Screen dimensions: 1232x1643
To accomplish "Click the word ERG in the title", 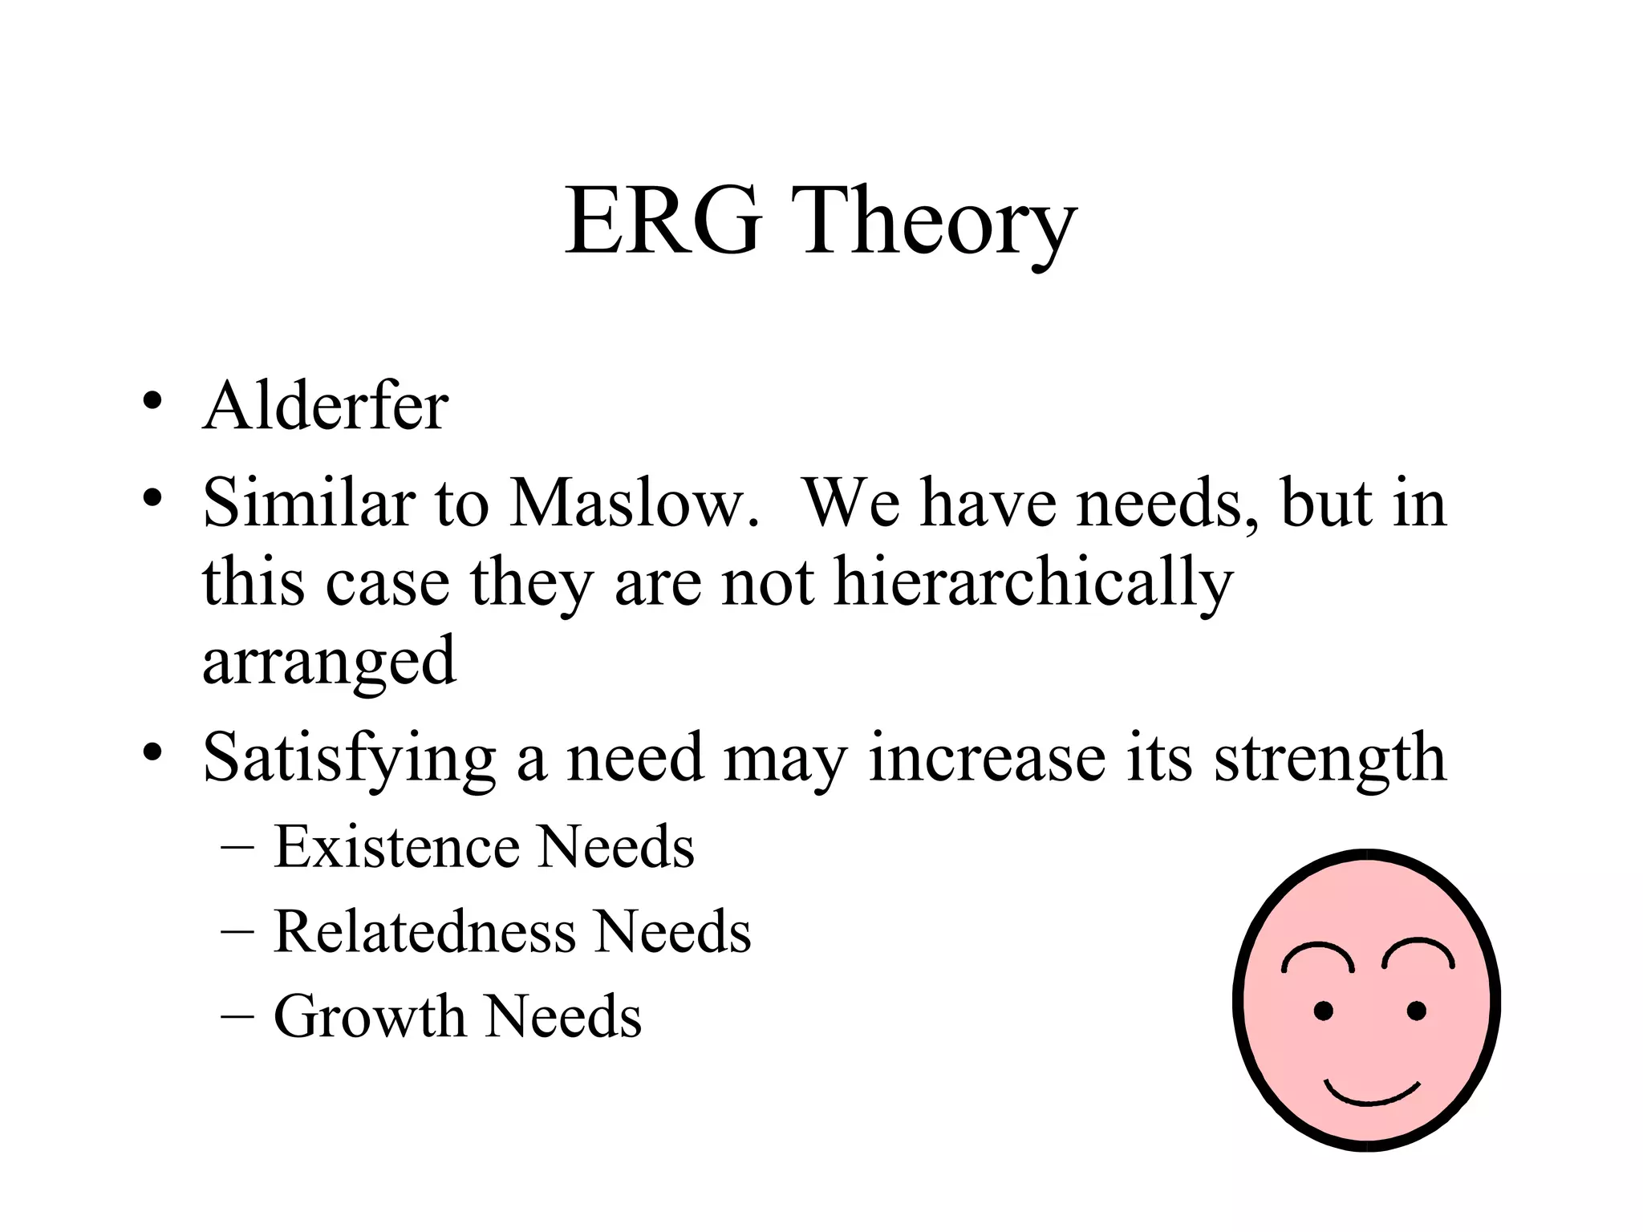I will point(663,220).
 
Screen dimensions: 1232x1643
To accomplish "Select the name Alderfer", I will point(325,407).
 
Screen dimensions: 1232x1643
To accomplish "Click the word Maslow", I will point(634,504).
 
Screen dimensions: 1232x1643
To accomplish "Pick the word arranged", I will point(329,662).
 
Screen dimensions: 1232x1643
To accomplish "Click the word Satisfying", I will point(349,759).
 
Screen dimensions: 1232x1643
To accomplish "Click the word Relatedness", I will point(424,932).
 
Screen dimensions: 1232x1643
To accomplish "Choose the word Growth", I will point(369,1017).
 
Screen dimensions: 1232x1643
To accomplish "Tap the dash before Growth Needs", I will point(237,1014).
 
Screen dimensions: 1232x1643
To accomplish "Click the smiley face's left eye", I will point(1323,1011).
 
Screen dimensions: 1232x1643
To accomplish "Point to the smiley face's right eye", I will point(1417,1011).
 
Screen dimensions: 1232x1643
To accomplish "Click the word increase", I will point(987,759).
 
